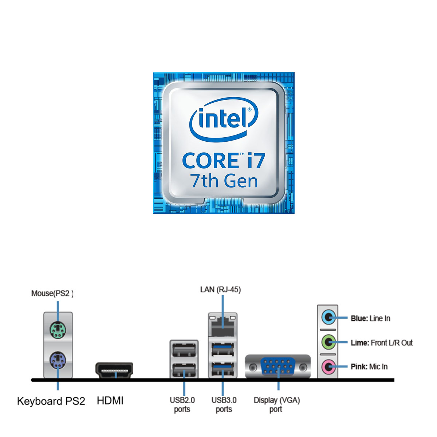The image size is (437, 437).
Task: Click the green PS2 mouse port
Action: [x=58, y=330]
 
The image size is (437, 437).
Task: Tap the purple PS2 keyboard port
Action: [x=58, y=360]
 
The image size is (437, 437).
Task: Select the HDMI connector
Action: [x=114, y=370]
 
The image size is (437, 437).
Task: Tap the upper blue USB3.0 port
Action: [x=223, y=350]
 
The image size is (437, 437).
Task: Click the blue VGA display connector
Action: [x=278, y=366]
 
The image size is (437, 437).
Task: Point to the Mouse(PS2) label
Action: [x=52, y=294]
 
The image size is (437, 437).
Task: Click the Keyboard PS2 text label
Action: [x=51, y=401]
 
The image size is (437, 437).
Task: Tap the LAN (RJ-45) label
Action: [x=220, y=290]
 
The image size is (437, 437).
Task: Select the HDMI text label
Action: [x=110, y=401]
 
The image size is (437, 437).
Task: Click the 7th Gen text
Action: [x=224, y=181]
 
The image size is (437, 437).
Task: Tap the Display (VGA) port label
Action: [x=276, y=405]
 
